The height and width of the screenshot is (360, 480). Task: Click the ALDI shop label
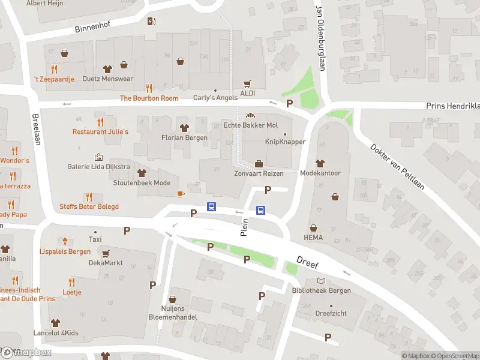(248, 94)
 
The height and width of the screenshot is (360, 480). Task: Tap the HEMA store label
(313, 238)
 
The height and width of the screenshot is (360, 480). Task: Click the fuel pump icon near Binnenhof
(151, 22)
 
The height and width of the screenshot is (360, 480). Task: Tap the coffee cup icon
(180, 193)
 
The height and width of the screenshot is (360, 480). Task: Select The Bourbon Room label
(149, 98)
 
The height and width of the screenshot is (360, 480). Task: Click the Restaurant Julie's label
(100, 131)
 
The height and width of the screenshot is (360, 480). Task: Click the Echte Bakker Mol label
(250, 125)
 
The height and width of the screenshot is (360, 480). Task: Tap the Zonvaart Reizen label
(258, 173)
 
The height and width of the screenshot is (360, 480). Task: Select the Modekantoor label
(320, 173)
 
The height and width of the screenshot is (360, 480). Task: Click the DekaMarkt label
(106, 262)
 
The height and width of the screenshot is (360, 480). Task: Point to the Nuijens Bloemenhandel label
(173, 312)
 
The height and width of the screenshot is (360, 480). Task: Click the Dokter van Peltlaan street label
(397, 166)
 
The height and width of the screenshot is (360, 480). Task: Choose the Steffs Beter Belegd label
(89, 206)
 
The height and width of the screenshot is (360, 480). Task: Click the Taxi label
(95, 239)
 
